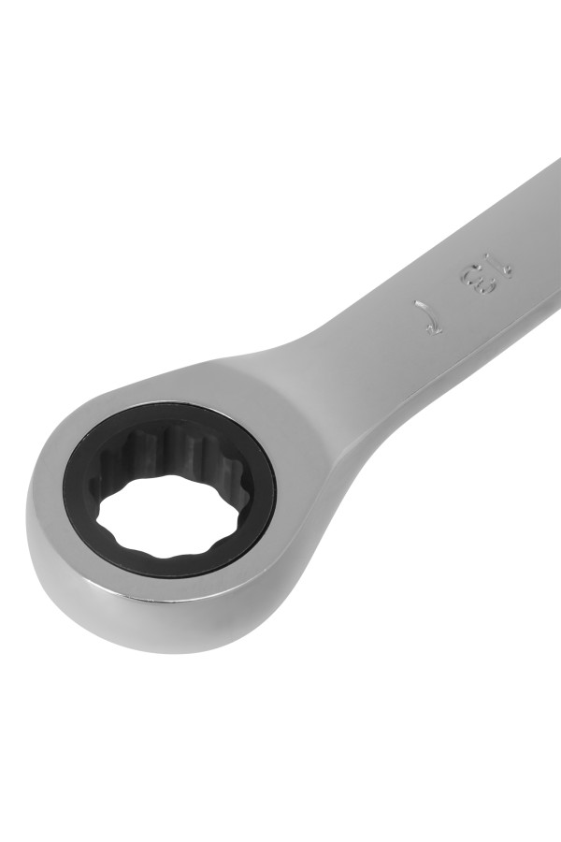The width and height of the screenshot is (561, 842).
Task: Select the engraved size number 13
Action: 486,273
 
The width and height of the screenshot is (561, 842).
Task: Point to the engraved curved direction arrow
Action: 428,317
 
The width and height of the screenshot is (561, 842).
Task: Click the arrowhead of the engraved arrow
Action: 435,328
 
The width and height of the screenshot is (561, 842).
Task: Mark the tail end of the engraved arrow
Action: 416,303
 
